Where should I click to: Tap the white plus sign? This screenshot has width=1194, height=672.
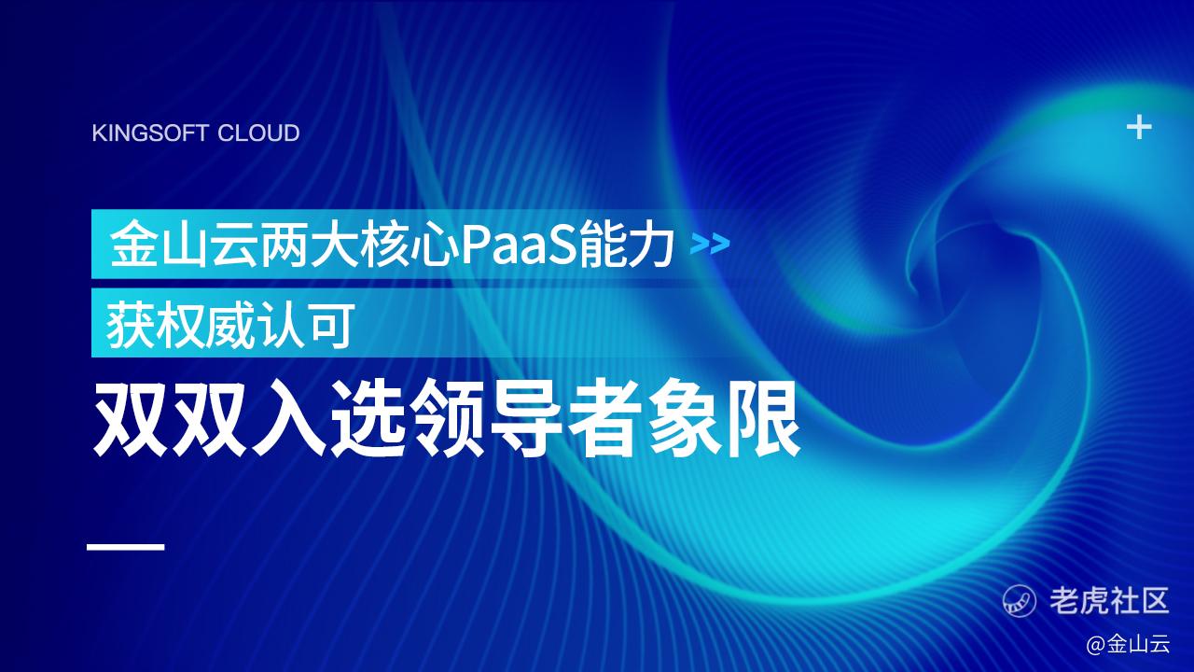pos(1139,128)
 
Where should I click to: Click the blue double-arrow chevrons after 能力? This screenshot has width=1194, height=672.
pos(710,245)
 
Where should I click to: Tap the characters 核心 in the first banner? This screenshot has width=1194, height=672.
pos(410,245)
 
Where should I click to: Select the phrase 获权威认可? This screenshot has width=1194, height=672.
pos(230,324)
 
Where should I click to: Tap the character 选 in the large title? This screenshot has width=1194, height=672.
pos(368,417)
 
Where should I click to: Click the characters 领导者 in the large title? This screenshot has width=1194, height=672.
pos(524,417)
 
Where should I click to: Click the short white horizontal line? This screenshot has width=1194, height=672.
pos(125,547)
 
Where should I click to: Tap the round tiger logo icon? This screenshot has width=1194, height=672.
pos(1020,600)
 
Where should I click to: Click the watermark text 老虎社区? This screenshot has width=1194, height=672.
pos(1109,600)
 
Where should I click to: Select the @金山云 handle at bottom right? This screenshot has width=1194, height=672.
pos(1128,644)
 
